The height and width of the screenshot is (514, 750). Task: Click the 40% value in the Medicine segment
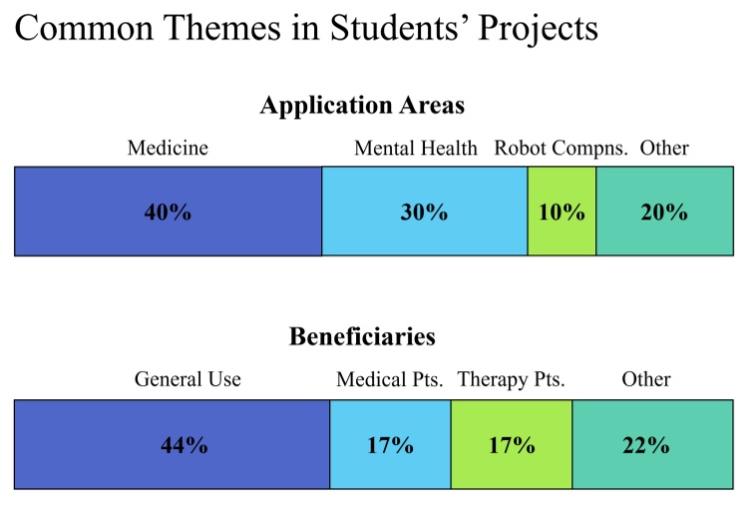tap(168, 213)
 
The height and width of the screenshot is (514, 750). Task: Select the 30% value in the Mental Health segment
tap(424, 213)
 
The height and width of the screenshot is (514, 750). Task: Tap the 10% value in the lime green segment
tap(562, 213)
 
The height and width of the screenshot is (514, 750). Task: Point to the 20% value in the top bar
tap(663, 213)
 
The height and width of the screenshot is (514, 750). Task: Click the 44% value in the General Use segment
tap(185, 445)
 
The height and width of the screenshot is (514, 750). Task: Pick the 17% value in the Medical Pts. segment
tap(390, 445)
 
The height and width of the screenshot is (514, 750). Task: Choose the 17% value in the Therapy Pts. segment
tap(512, 445)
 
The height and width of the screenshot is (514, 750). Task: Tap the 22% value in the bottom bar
tap(645, 445)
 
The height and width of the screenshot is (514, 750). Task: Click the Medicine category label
tap(168, 149)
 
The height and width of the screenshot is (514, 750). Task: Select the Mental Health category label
tap(416, 149)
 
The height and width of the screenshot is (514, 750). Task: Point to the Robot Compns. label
tap(561, 149)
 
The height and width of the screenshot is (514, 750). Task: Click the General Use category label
tap(187, 380)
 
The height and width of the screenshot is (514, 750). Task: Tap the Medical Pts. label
tap(389, 380)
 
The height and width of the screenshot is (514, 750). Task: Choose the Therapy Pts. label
tap(511, 380)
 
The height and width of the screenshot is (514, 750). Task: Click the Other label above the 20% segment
tap(664, 149)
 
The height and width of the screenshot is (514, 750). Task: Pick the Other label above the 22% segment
tap(645, 380)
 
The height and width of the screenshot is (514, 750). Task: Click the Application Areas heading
tap(362, 105)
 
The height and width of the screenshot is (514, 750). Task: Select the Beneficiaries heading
tap(362, 336)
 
